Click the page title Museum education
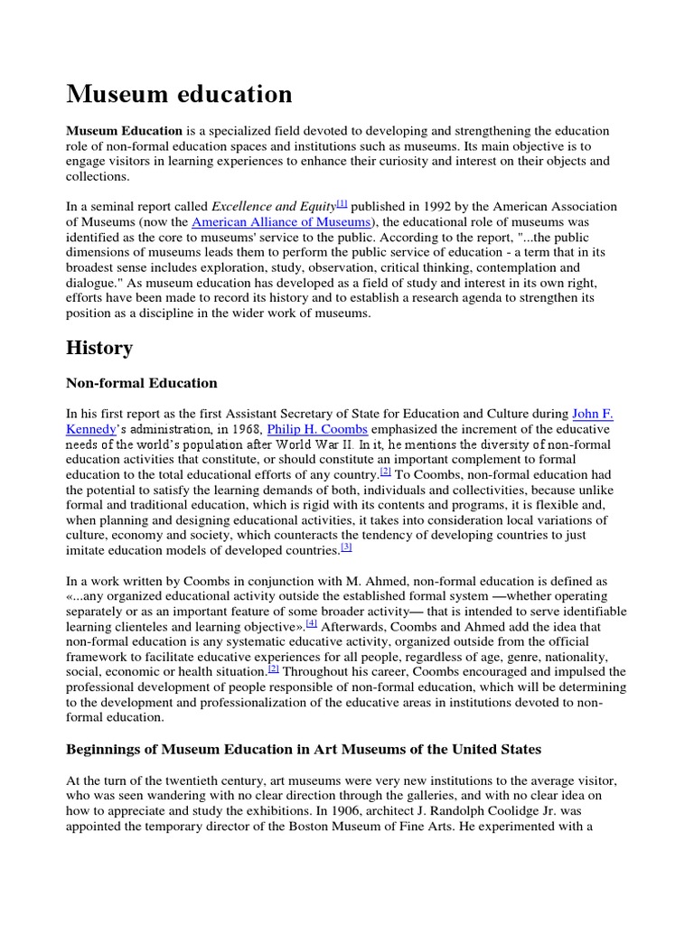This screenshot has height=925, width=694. (x=179, y=94)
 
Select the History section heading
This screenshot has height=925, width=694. (x=99, y=348)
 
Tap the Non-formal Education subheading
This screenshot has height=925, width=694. (x=142, y=383)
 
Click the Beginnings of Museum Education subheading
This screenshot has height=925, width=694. (x=304, y=749)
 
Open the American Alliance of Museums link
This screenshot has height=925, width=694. (x=281, y=222)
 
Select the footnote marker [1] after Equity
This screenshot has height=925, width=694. (x=342, y=204)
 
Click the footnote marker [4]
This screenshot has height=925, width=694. (x=312, y=623)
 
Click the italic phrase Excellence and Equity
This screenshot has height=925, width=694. (x=273, y=207)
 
